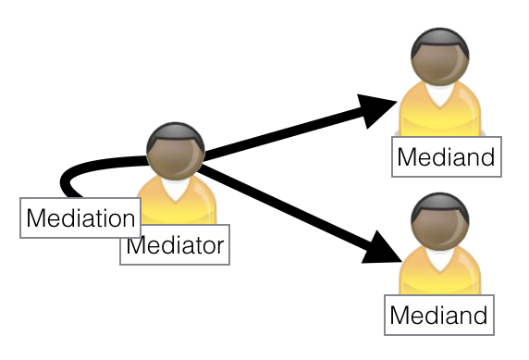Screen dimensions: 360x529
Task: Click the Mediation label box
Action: [x=80, y=218]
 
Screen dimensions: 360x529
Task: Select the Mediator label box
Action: [x=175, y=246]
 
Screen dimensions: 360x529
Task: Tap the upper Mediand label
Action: [x=445, y=157]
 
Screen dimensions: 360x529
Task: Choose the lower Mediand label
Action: [x=438, y=315]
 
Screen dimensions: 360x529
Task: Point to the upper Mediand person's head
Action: [x=439, y=58]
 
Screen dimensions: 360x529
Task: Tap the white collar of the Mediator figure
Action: [x=175, y=189]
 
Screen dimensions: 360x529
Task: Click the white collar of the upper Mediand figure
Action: [x=438, y=94]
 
